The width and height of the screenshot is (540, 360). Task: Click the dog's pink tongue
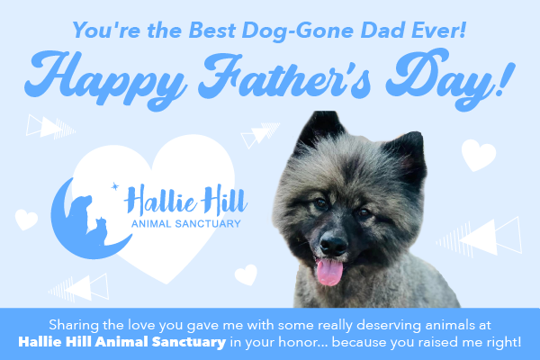coord(329,272)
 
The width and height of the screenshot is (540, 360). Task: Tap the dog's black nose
coord(333,245)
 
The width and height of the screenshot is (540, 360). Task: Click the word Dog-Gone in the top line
coord(298,31)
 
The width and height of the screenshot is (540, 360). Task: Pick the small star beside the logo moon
coord(114,186)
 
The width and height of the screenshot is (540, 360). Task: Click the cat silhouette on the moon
coord(101,230)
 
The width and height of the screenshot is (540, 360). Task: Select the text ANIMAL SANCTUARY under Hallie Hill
coord(186,224)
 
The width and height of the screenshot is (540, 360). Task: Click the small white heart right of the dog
coord(479,155)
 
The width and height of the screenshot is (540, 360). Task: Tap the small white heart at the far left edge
coord(26,220)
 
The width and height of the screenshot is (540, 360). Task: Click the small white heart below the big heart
coord(246,274)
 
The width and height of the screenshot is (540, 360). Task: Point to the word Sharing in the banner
coord(69,325)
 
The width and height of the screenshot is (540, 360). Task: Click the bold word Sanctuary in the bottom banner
coord(189,342)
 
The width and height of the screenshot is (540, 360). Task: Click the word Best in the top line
coord(211,31)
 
